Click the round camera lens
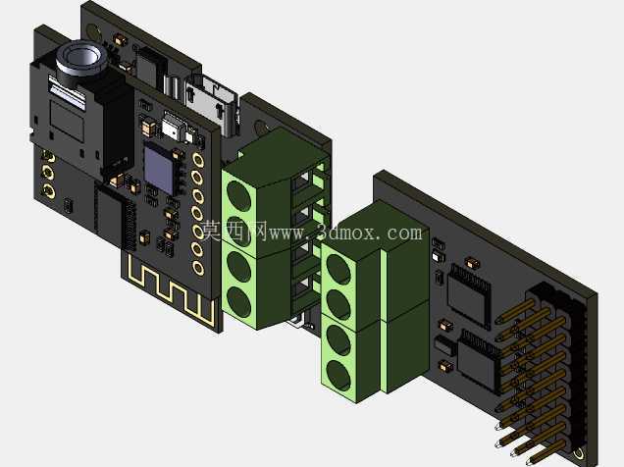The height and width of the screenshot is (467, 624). click(x=82, y=58)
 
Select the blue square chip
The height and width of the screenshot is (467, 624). click(x=159, y=170)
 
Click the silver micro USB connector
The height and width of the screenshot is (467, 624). click(x=210, y=103)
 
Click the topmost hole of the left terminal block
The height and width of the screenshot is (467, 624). click(x=238, y=195)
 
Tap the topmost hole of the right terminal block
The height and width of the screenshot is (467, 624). click(x=338, y=269)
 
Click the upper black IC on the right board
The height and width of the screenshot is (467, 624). click(x=468, y=294)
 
